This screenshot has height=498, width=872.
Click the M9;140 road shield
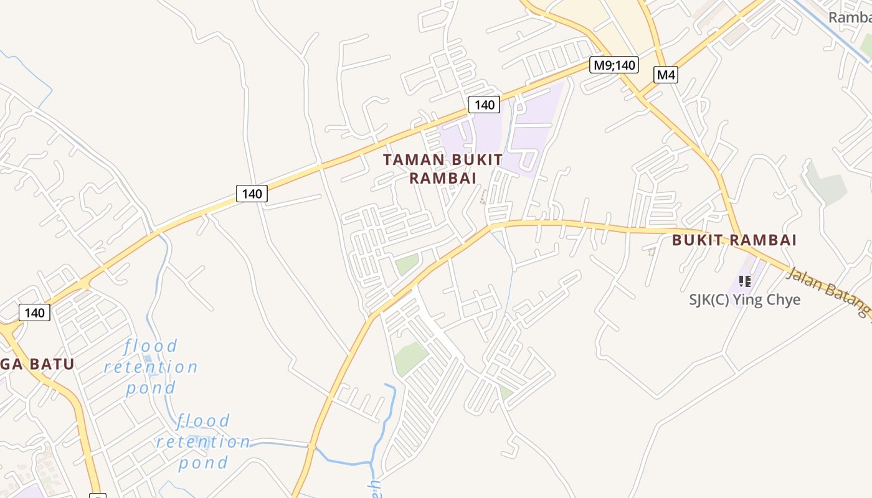coord(614,65)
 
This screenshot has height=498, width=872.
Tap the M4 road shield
coord(666,75)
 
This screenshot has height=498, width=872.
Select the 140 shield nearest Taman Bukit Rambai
coord(484,105)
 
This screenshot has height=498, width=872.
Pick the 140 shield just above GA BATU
coord(34,312)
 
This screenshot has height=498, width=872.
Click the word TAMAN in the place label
coord(414,160)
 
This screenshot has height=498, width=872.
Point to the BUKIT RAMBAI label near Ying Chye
coord(734,240)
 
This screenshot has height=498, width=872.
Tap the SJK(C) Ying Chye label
coord(744,299)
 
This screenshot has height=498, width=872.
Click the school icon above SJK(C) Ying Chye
coord(744,281)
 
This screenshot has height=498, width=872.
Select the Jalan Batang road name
coord(828,292)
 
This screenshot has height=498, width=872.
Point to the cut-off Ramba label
coord(850,17)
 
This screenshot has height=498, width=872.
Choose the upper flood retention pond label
coord(151,367)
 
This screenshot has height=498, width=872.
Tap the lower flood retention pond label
coord(203,441)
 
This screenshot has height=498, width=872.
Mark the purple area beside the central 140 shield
coord(529,131)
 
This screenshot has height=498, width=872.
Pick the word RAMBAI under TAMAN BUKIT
coord(443,178)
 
